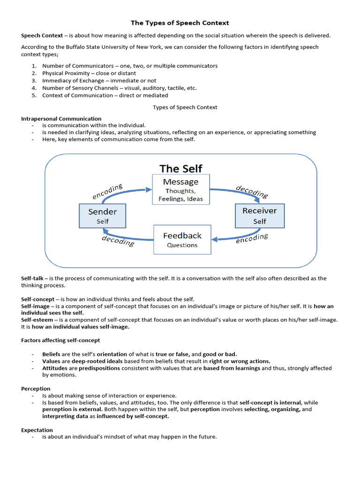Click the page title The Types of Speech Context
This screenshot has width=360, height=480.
[180, 22]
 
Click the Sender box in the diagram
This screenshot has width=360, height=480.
[102, 216]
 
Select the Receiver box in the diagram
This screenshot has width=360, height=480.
[259, 216]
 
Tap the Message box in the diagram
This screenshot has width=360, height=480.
[180, 189]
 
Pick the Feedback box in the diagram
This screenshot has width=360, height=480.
[182, 240]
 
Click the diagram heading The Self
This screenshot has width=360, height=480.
[181, 168]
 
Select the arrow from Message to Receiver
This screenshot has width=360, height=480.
[241, 192]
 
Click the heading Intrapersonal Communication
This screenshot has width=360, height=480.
[61, 119]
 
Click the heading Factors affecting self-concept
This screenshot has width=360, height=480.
[60, 340]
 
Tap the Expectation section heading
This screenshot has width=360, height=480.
[37, 430]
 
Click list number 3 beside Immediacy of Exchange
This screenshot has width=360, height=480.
[34, 81]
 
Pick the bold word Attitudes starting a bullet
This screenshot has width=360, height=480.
[55, 368]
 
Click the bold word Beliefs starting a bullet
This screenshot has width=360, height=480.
[52, 354]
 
